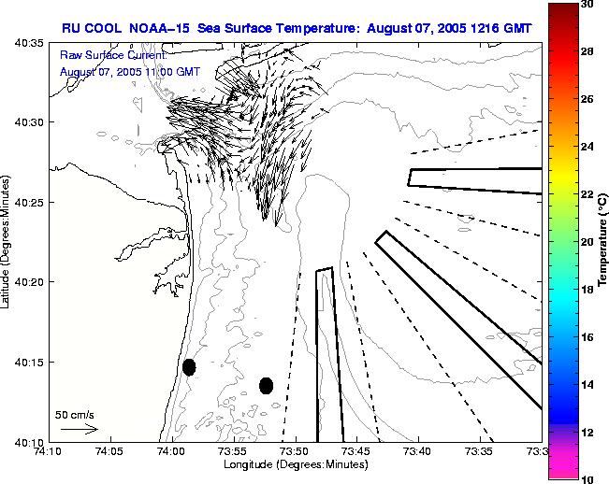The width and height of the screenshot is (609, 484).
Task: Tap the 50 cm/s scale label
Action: coord(74,414)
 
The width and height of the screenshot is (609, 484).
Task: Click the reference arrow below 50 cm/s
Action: coord(79,429)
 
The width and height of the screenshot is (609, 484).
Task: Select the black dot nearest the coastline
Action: coord(189,367)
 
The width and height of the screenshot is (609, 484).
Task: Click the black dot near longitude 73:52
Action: coord(266,385)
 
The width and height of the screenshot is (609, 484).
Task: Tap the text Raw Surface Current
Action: coord(113,57)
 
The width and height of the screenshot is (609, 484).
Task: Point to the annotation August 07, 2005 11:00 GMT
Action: coord(129,72)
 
